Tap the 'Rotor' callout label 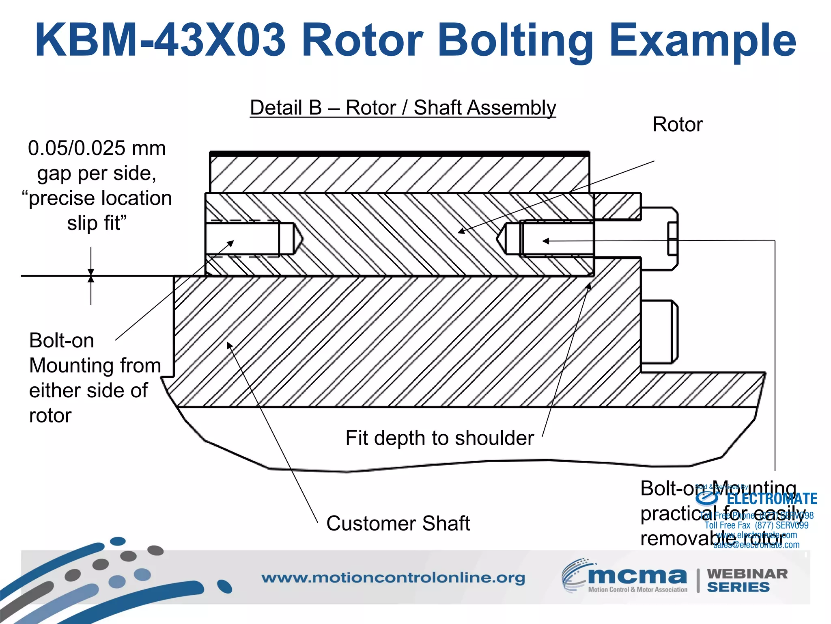[x=677, y=124]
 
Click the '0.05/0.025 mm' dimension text [x=97, y=148]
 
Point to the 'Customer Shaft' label [x=398, y=523]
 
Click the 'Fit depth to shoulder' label [x=439, y=438]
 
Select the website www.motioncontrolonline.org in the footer [x=393, y=578]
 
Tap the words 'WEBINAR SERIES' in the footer [x=747, y=581]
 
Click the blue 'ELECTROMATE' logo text [x=772, y=499]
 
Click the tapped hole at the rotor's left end [x=243, y=239]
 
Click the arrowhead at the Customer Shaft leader [x=229, y=345]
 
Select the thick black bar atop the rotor [x=400, y=154]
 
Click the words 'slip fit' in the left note [x=97, y=223]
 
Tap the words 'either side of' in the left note [x=88, y=391]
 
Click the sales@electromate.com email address [x=756, y=545]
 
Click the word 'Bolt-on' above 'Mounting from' [x=62, y=340]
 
